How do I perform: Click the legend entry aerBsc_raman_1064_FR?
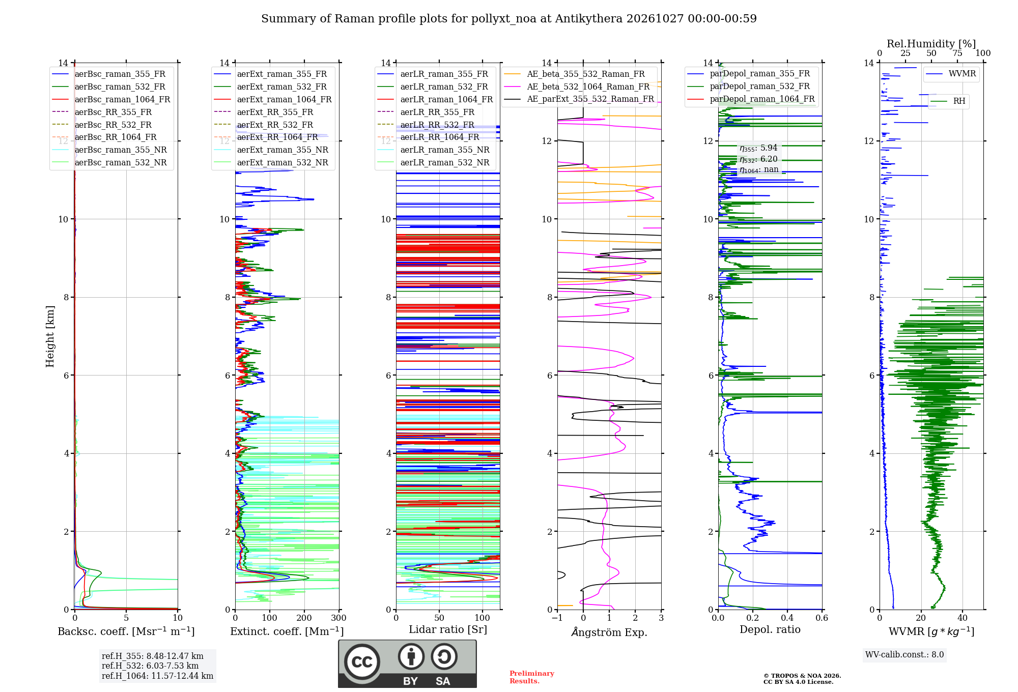(x=111, y=99)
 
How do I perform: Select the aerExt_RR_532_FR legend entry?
(x=263, y=125)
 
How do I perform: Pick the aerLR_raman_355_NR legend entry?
(x=433, y=150)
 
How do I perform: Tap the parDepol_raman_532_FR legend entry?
(x=748, y=86)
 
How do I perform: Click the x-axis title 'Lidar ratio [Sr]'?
(x=448, y=629)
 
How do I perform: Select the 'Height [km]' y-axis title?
(x=50, y=336)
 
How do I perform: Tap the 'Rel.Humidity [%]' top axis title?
(x=931, y=44)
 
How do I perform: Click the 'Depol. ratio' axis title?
(x=770, y=629)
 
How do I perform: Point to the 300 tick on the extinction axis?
(x=339, y=618)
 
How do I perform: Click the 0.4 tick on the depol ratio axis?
(x=787, y=618)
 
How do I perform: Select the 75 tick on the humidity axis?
(x=957, y=53)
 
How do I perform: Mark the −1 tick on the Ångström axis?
(x=557, y=618)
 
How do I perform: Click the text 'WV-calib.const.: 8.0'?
(x=904, y=655)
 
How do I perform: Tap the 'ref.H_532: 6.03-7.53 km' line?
(x=150, y=666)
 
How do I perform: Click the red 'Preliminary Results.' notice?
(x=532, y=677)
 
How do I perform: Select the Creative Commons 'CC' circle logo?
(x=362, y=662)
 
